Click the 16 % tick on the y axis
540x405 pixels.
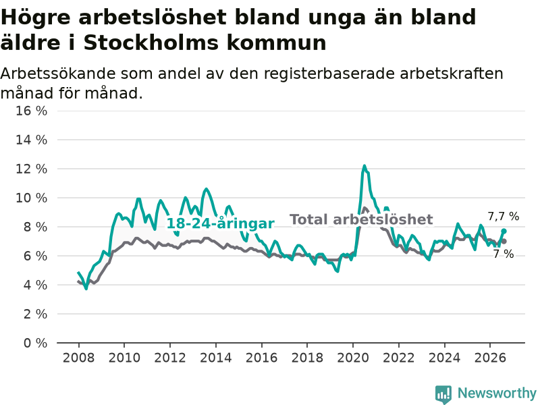pyautogui.click(x=31, y=111)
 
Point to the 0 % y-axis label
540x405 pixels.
pyautogui.click(x=35, y=343)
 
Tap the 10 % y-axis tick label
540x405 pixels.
pyautogui.click(x=31, y=198)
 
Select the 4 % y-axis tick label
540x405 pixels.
pyautogui.click(x=35, y=285)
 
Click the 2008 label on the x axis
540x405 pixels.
pyautogui.click(x=78, y=358)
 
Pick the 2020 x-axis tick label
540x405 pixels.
pyautogui.click(x=353, y=358)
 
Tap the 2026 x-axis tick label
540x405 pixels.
pyautogui.click(x=490, y=358)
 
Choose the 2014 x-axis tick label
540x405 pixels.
pyautogui.click(x=216, y=358)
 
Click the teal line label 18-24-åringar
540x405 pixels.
pyautogui.click(x=221, y=223)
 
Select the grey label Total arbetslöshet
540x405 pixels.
pyautogui.click(x=361, y=220)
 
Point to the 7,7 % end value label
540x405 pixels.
pyautogui.click(x=504, y=216)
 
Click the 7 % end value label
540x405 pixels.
pyautogui.click(x=504, y=254)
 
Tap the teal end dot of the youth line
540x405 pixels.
pyautogui.click(x=504, y=231)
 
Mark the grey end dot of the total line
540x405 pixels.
pyautogui.click(x=504, y=242)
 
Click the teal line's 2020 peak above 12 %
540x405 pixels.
pyautogui.click(x=364, y=166)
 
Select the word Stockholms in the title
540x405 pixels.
pyautogui.click(x=150, y=43)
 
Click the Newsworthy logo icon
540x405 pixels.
pyautogui.click(x=443, y=394)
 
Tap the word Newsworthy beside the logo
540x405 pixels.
pyautogui.click(x=497, y=393)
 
